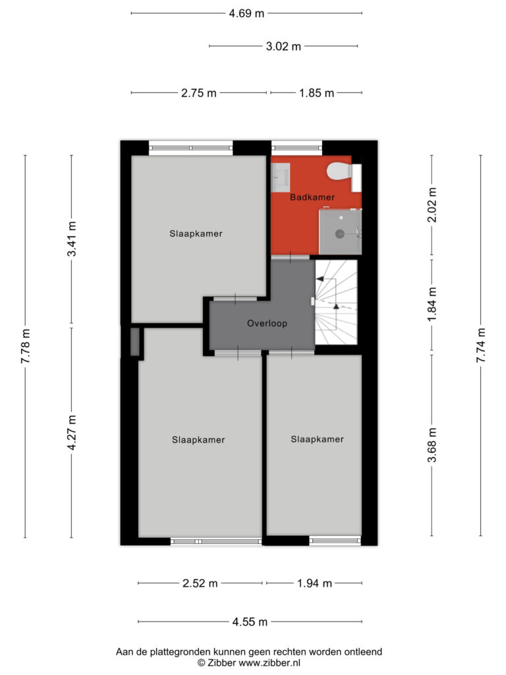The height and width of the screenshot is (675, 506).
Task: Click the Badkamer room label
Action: coord(312,197)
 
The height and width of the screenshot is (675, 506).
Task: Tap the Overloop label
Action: coord(267,323)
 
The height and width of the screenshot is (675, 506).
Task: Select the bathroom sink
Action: coord(281,177)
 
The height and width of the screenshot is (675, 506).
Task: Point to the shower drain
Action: coord(339,234)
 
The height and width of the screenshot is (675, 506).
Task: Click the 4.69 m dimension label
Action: coord(246,13)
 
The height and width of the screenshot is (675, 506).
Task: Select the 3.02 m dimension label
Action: coord(283,46)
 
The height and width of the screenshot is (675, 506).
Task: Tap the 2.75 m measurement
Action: coord(199,93)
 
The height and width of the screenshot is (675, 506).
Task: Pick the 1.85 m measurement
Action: coord(316,93)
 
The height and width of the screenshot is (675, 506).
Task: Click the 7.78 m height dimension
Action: coord(26,345)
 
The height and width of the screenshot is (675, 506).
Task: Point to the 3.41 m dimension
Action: coord(71,239)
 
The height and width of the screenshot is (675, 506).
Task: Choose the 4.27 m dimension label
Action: coord(71,432)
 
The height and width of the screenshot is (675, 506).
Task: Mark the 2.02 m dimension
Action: coord(432,205)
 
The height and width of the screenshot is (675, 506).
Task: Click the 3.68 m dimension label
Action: coord(432,445)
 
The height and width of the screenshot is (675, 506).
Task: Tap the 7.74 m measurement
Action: coord(481,345)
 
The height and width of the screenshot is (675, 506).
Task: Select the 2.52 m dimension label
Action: coord(200,583)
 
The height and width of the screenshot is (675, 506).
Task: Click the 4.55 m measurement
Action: coord(250,622)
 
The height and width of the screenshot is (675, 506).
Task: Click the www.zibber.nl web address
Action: coord(269,663)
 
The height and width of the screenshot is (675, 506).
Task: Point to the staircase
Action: coord(336,302)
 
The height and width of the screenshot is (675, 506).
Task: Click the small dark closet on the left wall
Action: coord(134,342)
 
